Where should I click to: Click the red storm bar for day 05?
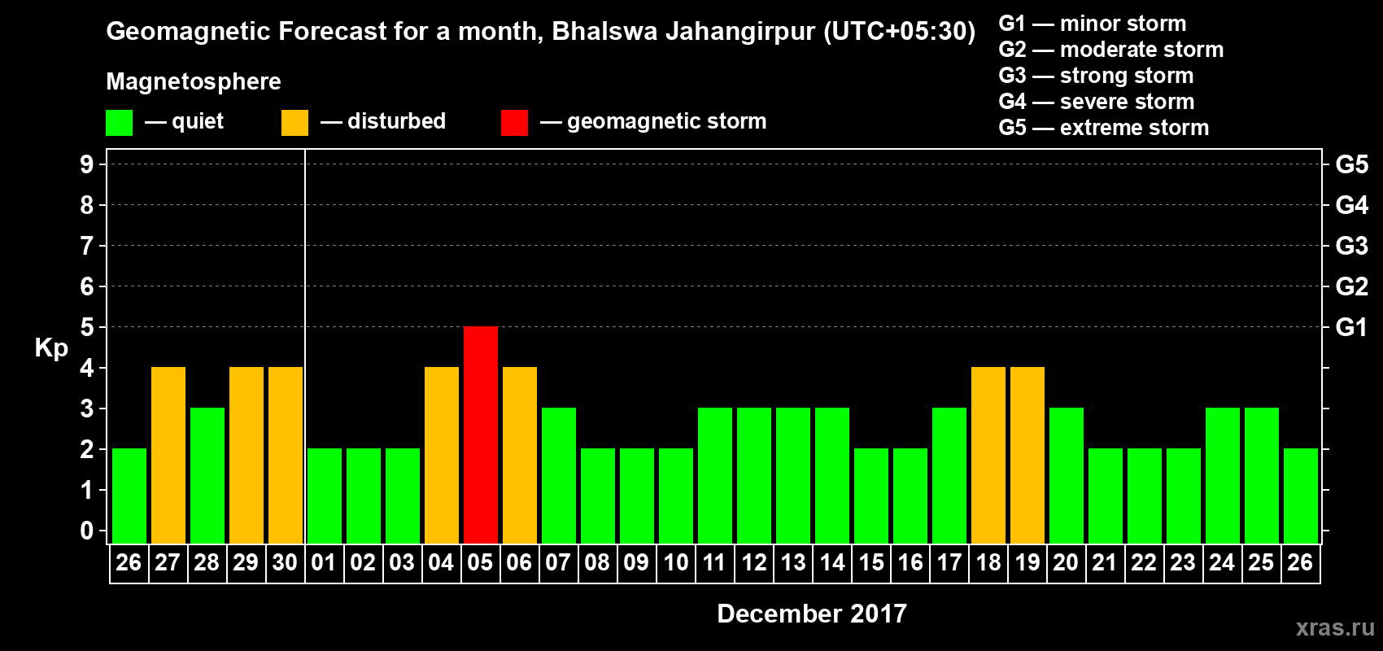click(x=481, y=435)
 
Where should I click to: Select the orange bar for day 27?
click(x=168, y=455)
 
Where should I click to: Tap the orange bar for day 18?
click(x=988, y=455)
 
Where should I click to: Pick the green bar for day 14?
click(x=832, y=475)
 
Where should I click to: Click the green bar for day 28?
click(x=207, y=475)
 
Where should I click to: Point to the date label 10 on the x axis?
click(x=675, y=562)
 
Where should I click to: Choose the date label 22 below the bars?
click(x=1144, y=562)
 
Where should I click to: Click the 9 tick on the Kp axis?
click(x=87, y=164)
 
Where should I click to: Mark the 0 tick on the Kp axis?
click(x=87, y=531)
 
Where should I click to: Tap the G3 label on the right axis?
click(x=1351, y=246)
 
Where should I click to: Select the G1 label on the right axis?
click(x=1351, y=327)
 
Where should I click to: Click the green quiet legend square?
click(x=119, y=123)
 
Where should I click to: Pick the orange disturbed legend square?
click(x=294, y=123)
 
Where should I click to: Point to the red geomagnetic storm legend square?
click(x=514, y=123)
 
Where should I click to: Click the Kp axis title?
click(x=51, y=348)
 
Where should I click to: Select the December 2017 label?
click(x=812, y=614)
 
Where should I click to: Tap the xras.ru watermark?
click(x=1335, y=627)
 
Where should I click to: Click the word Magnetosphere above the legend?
click(x=194, y=81)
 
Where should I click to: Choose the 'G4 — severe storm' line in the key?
click(x=1097, y=102)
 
